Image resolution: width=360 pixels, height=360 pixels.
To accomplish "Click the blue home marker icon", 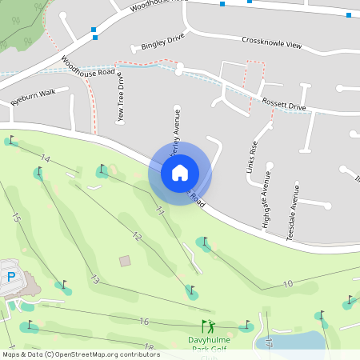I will pyautogui.click(x=180, y=172).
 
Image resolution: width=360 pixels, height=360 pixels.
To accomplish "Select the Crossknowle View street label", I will pyautogui.click(x=272, y=42).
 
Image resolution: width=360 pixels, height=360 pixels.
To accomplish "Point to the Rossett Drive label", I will pyautogui.click(x=284, y=105).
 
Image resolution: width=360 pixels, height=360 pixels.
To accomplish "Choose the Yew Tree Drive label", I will pyautogui.click(x=121, y=98).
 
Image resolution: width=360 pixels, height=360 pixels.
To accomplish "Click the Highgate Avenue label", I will pyautogui.click(x=266, y=206).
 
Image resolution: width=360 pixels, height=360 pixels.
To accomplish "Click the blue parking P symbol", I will pyautogui.click(x=11, y=277).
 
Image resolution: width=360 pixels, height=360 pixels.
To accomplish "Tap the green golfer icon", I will pyautogui.click(x=208, y=326).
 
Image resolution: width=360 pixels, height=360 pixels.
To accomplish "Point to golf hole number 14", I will pyautogui.click(x=45, y=160).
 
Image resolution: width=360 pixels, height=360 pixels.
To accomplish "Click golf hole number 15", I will pyautogui.click(x=16, y=217).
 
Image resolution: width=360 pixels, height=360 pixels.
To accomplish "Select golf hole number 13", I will pyautogui.click(x=94, y=280).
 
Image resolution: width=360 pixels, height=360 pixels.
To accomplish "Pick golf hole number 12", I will pyautogui.click(x=138, y=237).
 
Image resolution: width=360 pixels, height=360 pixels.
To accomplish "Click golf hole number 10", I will pyautogui.click(x=288, y=283).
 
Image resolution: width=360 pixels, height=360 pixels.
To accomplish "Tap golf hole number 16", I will pyautogui.click(x=144, y=322).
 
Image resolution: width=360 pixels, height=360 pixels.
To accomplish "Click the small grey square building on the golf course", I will pyautogui.click(x=124, y=261).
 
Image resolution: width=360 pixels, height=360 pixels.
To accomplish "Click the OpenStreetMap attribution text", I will pyautogui.click(x=81, y=354).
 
